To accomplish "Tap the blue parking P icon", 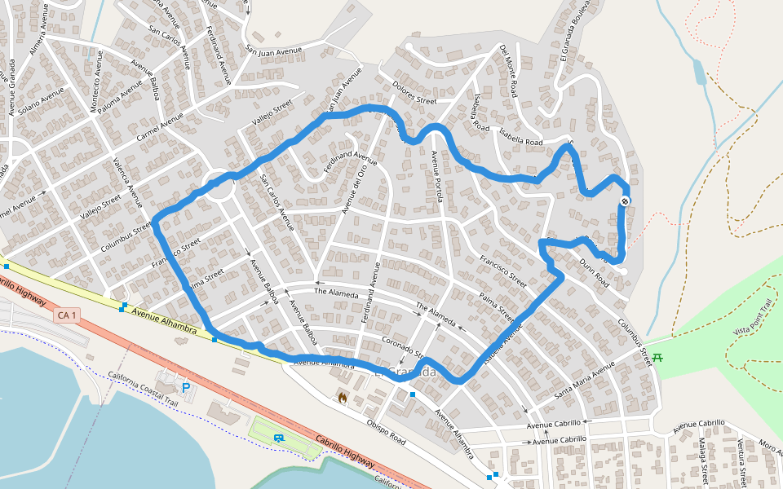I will [x=186, y=387].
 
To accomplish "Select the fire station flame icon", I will [x=343, y=399].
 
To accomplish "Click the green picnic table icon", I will [x=657, y=356].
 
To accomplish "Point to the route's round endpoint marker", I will [x=625, y=200].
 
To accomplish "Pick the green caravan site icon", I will [x=279, y=438].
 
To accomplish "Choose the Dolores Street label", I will [x=414, y=95].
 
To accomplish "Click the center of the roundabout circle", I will [x=219, y=186].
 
